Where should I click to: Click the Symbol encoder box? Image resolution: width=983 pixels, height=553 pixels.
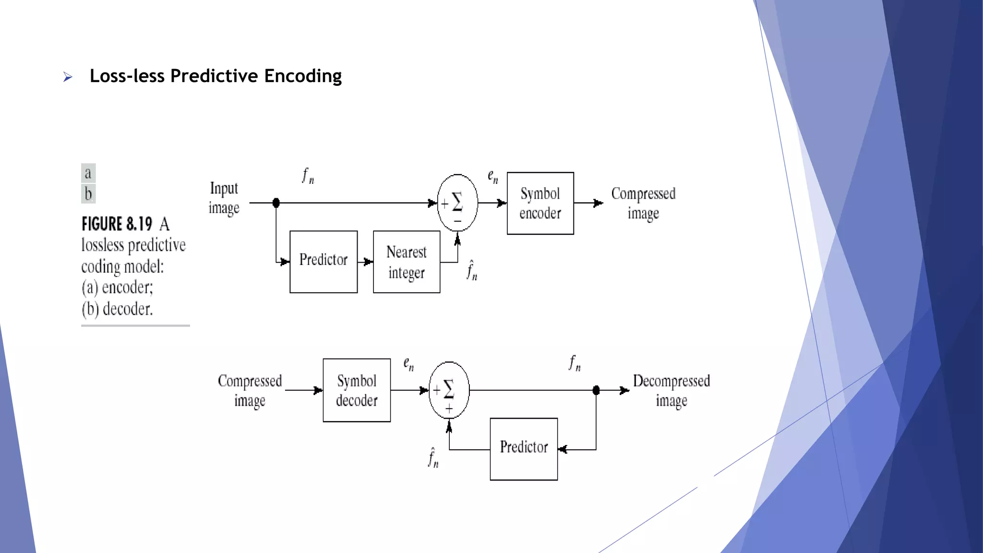(x=540, y=203)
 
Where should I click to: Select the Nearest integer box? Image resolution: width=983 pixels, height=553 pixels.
(x=407, y=262)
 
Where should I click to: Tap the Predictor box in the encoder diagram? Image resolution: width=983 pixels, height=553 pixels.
(x=324, y=262)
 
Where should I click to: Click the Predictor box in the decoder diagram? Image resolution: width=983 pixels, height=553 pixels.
(x=524, y=449)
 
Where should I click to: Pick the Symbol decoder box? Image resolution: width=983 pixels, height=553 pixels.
(x=357, y=390)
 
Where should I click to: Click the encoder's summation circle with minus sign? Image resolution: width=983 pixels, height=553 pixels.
(x=457, y=203)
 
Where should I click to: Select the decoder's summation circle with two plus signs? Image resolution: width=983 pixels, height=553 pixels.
(x=449, y=390)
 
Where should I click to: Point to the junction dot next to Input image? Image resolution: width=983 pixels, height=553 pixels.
(x=276, y=203)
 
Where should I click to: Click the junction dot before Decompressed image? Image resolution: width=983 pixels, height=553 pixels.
(x=596, y=390)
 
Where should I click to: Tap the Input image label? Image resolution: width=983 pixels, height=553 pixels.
(x=224, y=198)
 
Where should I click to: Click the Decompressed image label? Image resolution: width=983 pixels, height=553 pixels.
(x=671, y=390)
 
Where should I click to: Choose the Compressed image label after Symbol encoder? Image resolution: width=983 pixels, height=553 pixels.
(x=643, y=203)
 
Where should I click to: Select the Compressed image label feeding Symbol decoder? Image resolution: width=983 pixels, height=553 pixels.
(x=250, y=390)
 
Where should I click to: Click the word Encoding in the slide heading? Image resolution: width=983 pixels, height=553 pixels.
(x=303, y=76)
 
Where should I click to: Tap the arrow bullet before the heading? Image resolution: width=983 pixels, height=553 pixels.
(x=68, y=77)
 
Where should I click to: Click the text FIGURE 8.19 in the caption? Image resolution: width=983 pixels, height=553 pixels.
(x=117, y=224)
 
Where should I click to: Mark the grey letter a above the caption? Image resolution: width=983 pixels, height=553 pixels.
(x=88, y=173)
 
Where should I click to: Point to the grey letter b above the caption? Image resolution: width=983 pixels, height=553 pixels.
(x=88, y=194)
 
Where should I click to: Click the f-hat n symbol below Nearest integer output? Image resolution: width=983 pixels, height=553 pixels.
(x=472, y=270)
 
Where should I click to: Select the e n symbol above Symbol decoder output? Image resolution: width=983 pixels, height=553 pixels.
(x=408, y=364)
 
